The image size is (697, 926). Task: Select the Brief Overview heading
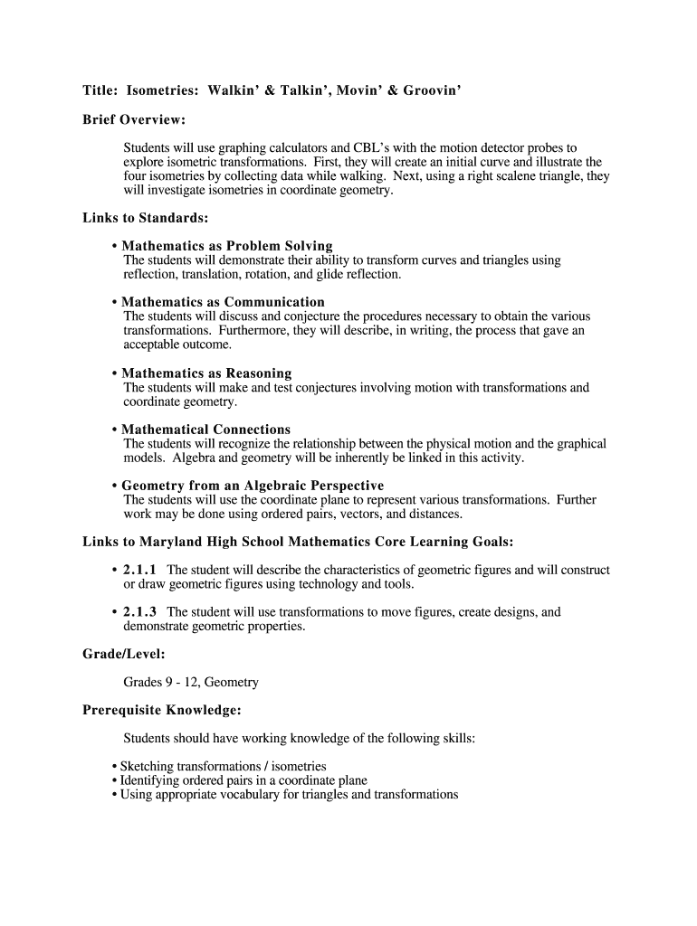pos(134,120)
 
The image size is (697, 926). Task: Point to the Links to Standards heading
pos(146,218)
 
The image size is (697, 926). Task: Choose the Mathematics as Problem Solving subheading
pos(227,246)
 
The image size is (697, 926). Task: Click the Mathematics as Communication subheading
pos(223,302)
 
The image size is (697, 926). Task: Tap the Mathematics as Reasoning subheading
pos(206,373)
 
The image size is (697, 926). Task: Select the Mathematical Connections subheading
pos(205,430)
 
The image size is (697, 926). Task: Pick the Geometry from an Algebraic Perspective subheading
pos(253,486)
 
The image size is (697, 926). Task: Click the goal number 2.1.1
pos(139,571)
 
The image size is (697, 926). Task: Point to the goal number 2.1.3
pos(139,612)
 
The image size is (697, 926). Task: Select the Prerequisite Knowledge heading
pos(161,711)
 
